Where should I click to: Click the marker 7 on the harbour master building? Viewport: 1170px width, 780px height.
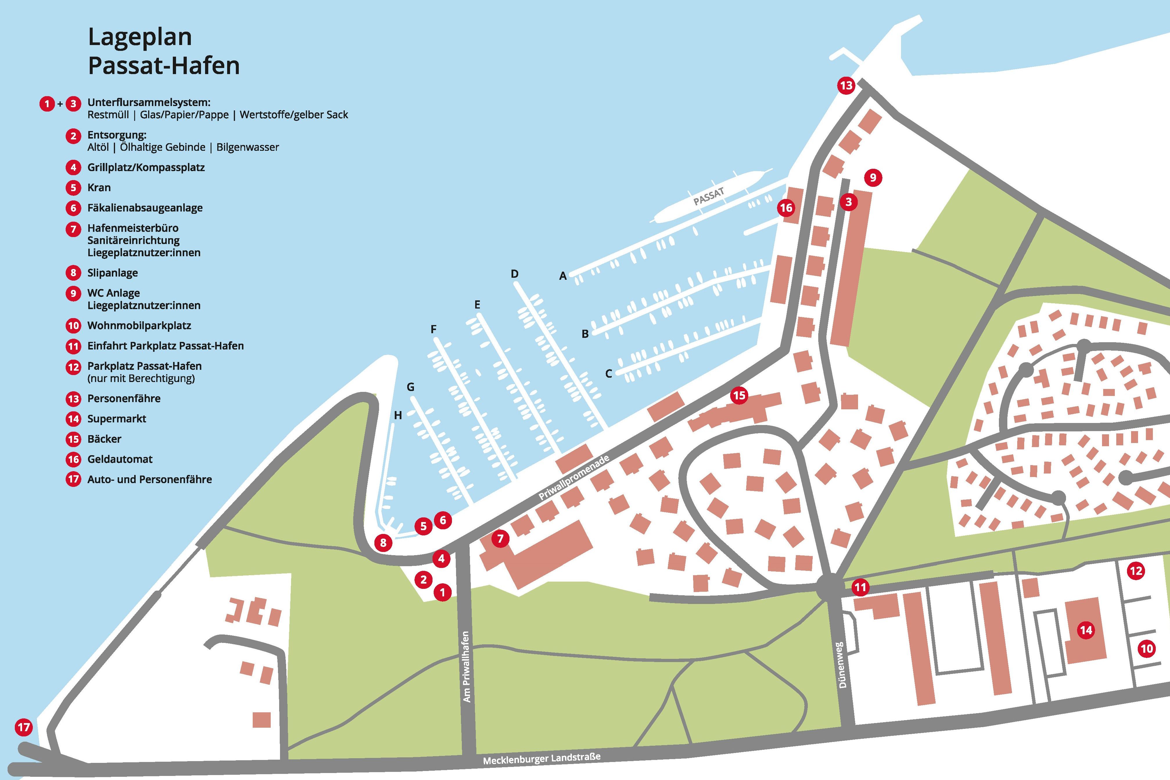click(500, 538)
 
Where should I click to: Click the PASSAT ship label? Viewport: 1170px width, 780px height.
click(708, 197)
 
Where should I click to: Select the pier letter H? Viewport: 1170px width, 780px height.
click(398, 415)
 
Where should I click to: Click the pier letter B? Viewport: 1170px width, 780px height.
click(585, 334)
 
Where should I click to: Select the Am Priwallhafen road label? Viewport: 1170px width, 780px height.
click(466, 667)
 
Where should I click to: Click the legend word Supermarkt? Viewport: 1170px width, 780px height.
click(116, 418)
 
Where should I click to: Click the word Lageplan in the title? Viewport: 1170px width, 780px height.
click(140, 37)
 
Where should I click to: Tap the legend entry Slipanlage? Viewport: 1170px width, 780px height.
click(112, 272)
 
